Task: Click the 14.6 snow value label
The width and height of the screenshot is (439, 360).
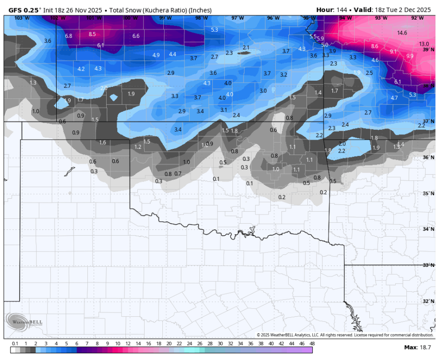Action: pos(402,33)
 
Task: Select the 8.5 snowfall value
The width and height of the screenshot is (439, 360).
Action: pos(92,34)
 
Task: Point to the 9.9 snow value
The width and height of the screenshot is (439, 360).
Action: pos(410,56)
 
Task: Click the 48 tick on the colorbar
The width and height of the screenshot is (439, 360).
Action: pos(312,344)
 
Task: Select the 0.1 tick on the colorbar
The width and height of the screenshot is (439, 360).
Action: pos(15,344)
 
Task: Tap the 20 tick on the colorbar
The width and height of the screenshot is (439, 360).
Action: pos(169,344)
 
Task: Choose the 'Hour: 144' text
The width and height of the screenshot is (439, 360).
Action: pos(332,10)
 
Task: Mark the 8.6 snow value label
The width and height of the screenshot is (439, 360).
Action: pos(375,46)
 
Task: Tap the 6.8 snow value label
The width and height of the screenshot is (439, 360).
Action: pos(69,36)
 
